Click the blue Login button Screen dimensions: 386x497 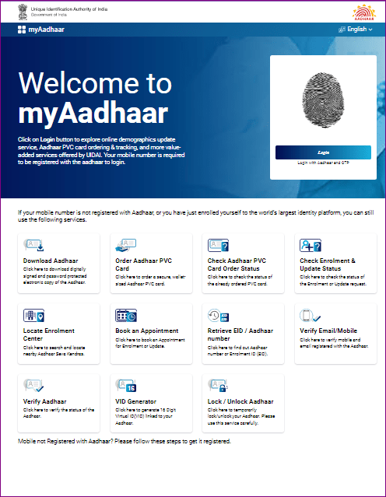click(323, 152)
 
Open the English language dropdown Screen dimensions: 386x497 click(356, 30)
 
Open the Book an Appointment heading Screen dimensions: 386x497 click(146, 331)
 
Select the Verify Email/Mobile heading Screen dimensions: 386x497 click(328, 331)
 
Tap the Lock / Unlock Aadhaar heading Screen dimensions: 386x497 click(240, 401)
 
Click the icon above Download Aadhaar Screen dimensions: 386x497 click(34, 245)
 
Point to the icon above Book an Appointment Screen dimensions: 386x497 click(126, 315)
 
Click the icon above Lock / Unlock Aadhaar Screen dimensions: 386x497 click(218, 385)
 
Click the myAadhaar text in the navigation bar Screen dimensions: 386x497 click(47, 30)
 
